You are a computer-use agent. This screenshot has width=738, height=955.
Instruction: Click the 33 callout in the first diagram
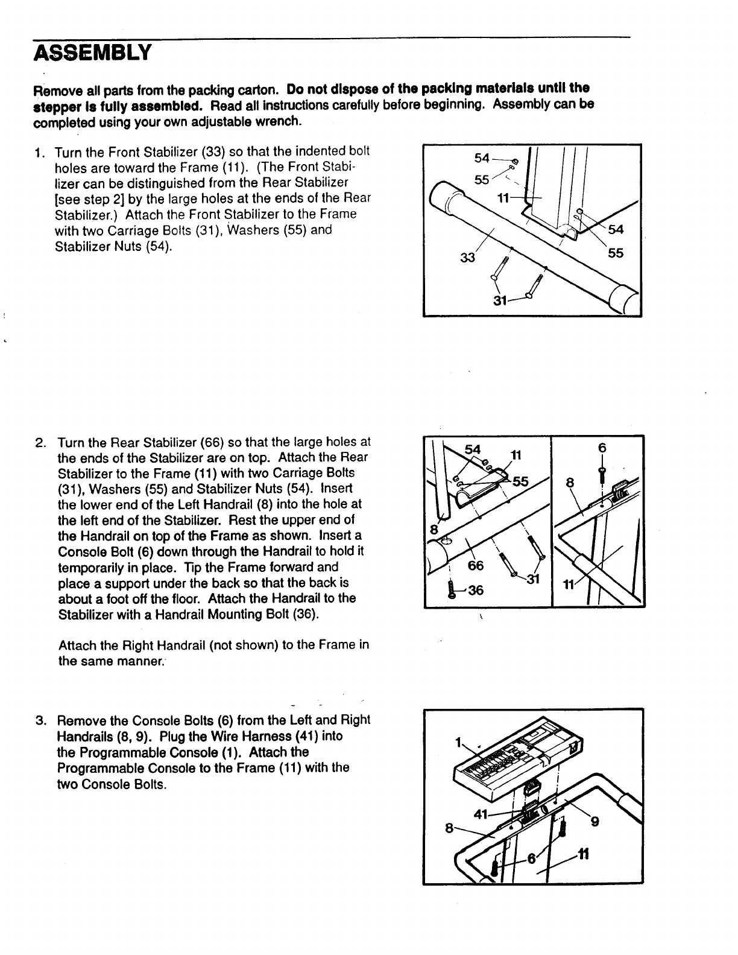tap(467, 258)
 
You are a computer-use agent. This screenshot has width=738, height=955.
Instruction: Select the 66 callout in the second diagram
tap(476, 565)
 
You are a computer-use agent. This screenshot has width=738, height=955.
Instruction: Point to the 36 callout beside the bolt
tap(476, 590)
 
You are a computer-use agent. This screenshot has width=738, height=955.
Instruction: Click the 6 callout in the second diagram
tap(601, 448)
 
